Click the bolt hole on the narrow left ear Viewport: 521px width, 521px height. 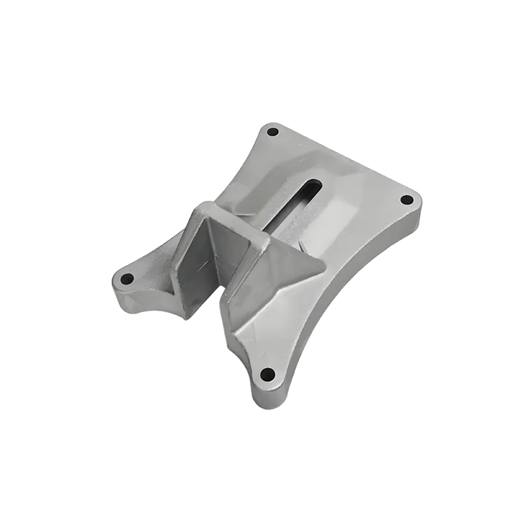[128, 279]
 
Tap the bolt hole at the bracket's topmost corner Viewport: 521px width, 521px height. [273, 132]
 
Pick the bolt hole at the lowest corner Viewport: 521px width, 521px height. [267, 374]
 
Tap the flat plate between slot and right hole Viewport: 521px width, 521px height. [365, 208]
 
